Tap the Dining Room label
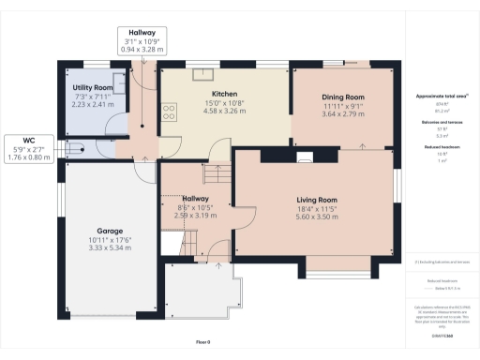coord(342,97)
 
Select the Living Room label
coord(316,200)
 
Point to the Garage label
coord(111,230)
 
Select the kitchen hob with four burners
coord(171,112)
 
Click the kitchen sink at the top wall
coord(201,72)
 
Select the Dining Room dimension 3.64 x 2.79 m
coord(342,113)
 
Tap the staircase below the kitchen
coord(216,150)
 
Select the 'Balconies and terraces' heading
coord(441,123)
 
